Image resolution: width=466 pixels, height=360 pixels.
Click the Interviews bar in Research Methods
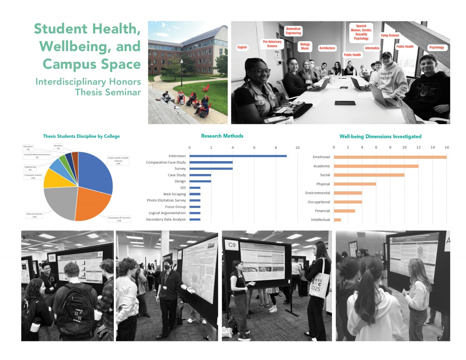(238, 156)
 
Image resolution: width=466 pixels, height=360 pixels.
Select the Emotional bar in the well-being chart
(390, 157)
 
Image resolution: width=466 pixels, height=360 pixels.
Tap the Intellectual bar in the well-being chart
(337, 220)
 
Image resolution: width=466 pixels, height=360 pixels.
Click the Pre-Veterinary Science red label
(272, 44)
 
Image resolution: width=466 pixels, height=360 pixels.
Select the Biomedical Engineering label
(293, 31)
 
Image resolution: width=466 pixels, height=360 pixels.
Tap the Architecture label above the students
(327, 48)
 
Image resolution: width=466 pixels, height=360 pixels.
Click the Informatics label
(372, 48)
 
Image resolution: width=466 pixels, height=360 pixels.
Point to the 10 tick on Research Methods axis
(297, 148)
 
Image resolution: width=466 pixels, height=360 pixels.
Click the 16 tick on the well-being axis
(447, 148)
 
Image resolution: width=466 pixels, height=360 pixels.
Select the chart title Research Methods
(223, 136)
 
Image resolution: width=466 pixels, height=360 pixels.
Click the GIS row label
(183, 188)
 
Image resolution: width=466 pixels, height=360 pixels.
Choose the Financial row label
(322, 211)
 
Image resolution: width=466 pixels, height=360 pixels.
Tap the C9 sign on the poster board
(232, 245)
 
